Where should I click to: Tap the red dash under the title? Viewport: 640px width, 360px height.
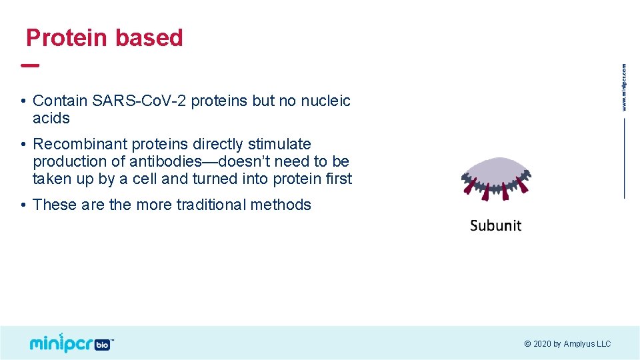(x=30, y=66)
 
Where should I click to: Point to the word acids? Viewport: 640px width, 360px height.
(x=51, y=118)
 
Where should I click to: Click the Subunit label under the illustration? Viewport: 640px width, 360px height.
(x=495, y=225)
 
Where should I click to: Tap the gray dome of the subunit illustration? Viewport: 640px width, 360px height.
(x=496, y=169)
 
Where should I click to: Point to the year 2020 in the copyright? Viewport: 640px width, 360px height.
(x=542, y=344)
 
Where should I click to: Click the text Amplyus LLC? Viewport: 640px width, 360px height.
(x=587, y=344)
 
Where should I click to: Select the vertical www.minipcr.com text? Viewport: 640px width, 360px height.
(x=624, y=87)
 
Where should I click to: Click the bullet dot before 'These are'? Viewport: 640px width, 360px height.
(x=23, y=205)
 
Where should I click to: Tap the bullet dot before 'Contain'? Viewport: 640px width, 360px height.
(x=23, y=101)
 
